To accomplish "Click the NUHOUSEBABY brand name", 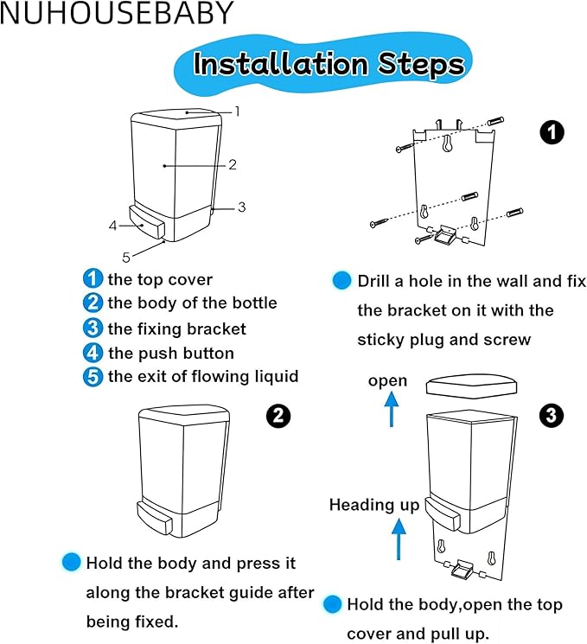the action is click(x=117, y=13).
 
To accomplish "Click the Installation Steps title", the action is click(x=329, y=64).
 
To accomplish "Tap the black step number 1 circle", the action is click(x=552, y=132).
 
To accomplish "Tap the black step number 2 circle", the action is click(x=278, y=416).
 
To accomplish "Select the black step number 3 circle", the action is click(x=552, y=415).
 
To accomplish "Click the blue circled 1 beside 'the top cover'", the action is click(x=93, y=278).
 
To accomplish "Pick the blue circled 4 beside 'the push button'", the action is click(x=93, y=353).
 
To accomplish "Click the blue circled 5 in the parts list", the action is click(x=93, y=377).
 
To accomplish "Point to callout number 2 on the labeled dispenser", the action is click(x=233, y=165).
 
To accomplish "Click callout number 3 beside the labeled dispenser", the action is click(x=242, y=207).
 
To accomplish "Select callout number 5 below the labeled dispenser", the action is click(x=126, y=258).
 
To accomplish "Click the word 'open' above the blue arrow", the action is click(x=387, y=381).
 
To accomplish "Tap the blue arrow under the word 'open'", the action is click(x=392, y=409).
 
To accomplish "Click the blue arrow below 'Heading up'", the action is click(x=398, y=539).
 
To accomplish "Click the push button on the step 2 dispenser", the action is click(x=154, y=520).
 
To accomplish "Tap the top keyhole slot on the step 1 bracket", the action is click(x=447, y=143).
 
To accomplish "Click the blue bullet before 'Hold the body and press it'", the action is click(x=71, y=562).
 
